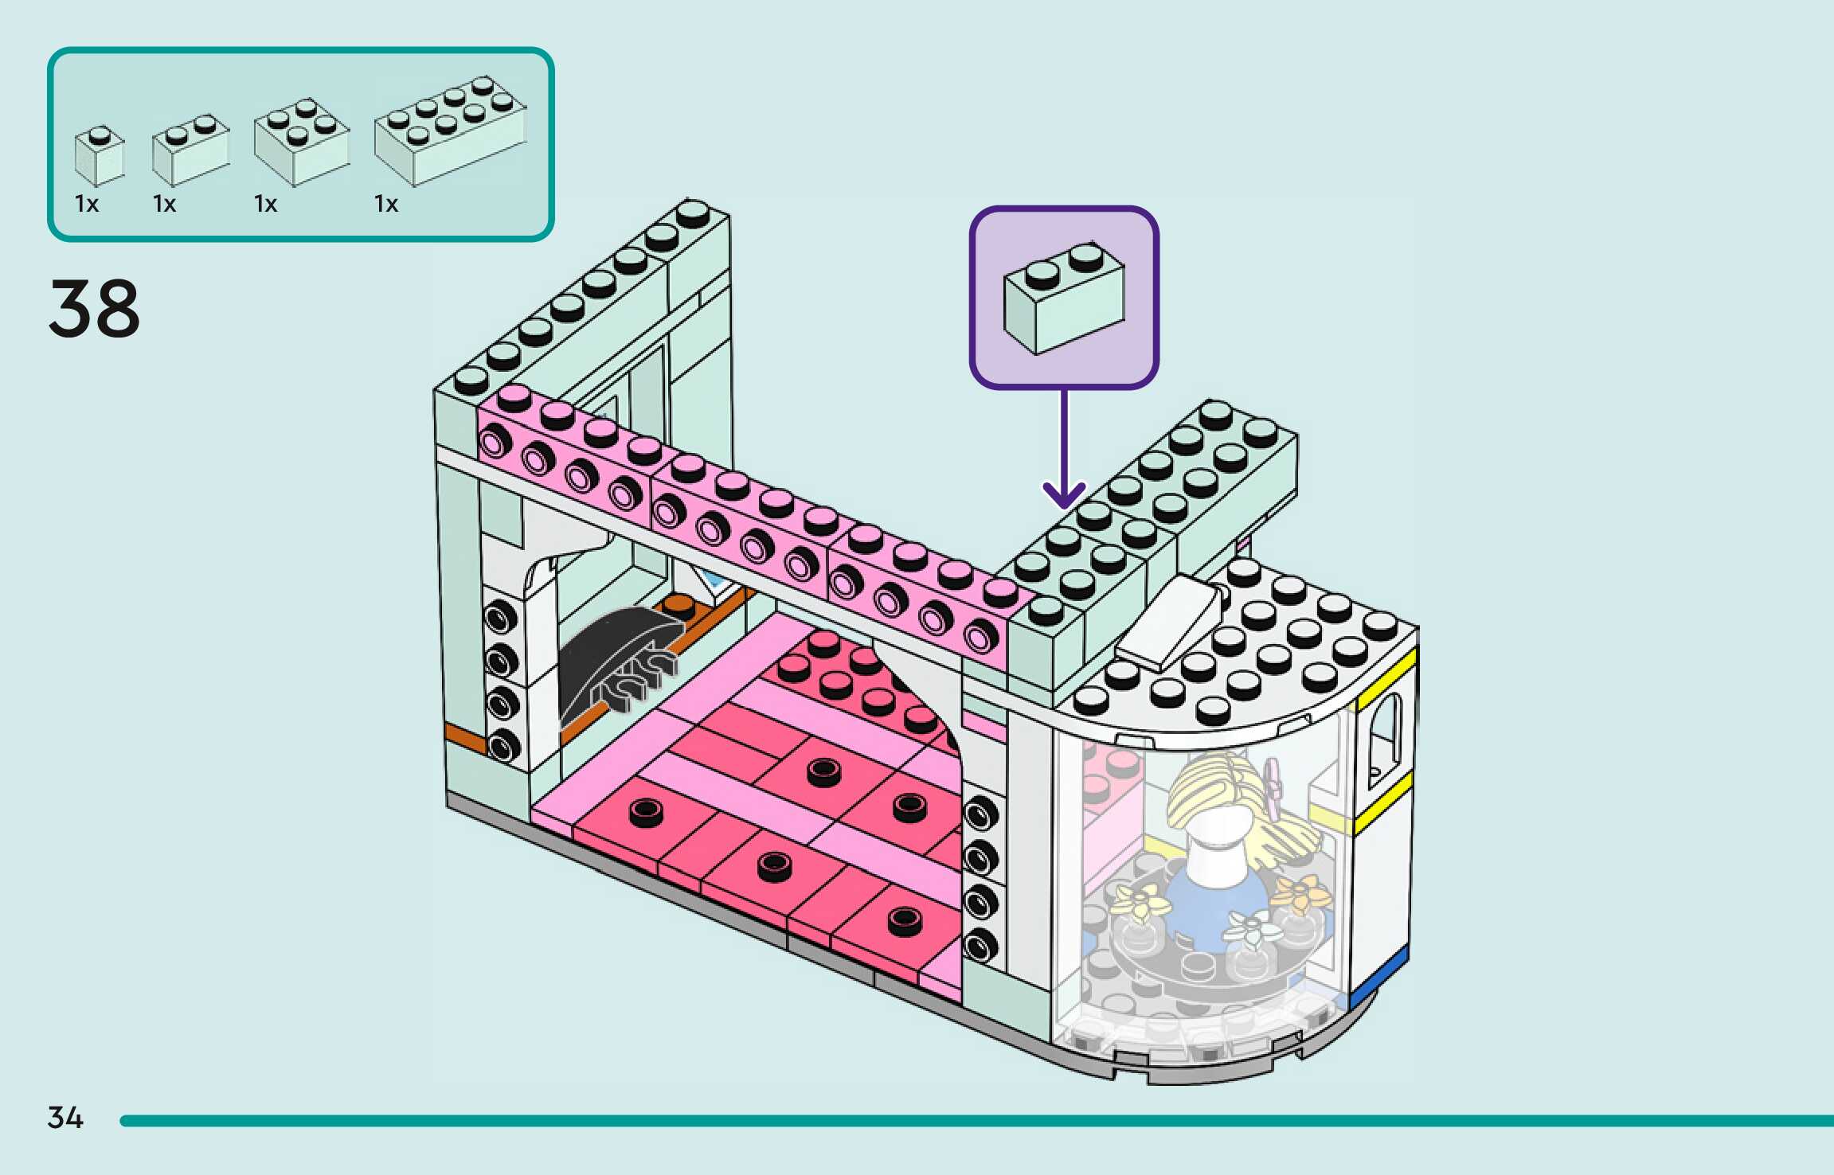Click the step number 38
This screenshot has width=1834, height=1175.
click(94, 308)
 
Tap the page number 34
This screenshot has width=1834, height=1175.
click(65, 1118)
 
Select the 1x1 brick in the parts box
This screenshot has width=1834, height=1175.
click(100, 157)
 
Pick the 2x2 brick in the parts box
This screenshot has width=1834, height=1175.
click(301, 142)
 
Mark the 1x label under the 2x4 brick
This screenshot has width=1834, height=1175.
click(386, 205)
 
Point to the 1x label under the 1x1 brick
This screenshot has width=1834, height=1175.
click(87, 205)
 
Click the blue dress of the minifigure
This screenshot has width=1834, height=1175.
click(1210, 908)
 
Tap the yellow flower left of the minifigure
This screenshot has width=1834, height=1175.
click(1140, 900)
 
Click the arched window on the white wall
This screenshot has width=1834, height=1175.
click(1385, 740)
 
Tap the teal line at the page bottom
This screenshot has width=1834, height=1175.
click(956, 1121)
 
